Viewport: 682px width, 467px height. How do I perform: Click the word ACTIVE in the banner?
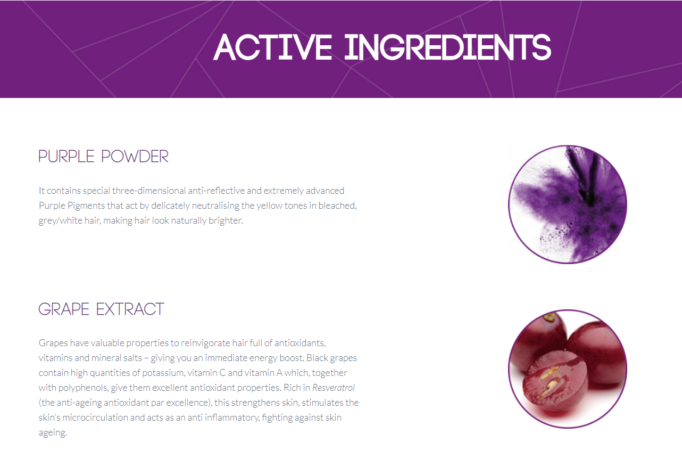point(273,47)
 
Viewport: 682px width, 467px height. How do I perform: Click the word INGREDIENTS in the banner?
point(448,47)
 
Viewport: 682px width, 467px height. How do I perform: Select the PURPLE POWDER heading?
point(104,157)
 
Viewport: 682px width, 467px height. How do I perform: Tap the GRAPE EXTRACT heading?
point(102,309)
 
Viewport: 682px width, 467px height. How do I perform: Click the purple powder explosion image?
point(568,204)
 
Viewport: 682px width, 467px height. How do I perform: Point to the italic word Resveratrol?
point(334,388)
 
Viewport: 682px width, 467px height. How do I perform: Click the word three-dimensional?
point(149,191)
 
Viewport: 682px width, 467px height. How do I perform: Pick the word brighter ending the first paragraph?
point(226,220)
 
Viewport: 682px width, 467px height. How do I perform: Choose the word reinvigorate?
point(205,343)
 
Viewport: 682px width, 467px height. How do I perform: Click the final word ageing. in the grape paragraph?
point(53,432)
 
